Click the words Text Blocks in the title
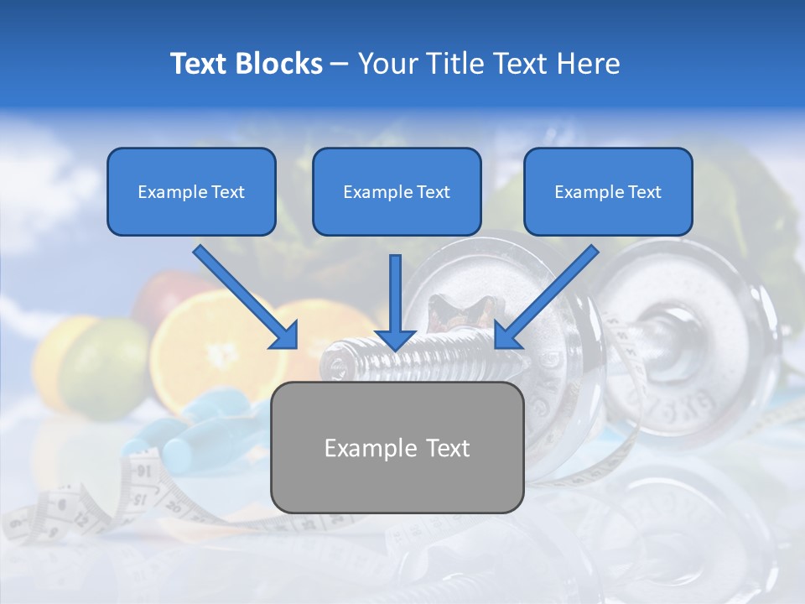click(246, 64)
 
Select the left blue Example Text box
click(191, 191)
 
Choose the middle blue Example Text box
click(397, 191)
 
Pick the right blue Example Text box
click(608, 191)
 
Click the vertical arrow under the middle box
click(395, 302)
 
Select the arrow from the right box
click(546, 298)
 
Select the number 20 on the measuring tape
click(173, 506)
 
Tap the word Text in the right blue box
click(645, 191)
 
